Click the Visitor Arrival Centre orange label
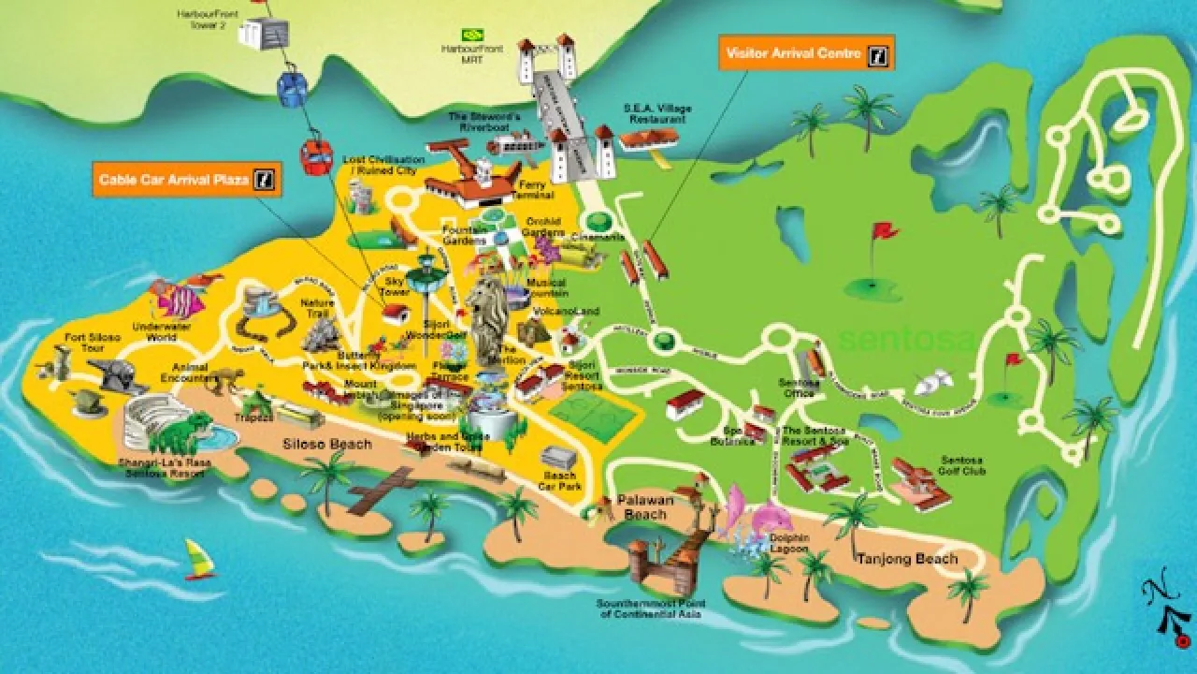[805, 53]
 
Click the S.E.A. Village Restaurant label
[657, 114]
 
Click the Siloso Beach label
[326, 444]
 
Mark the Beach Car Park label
[560, 479]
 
